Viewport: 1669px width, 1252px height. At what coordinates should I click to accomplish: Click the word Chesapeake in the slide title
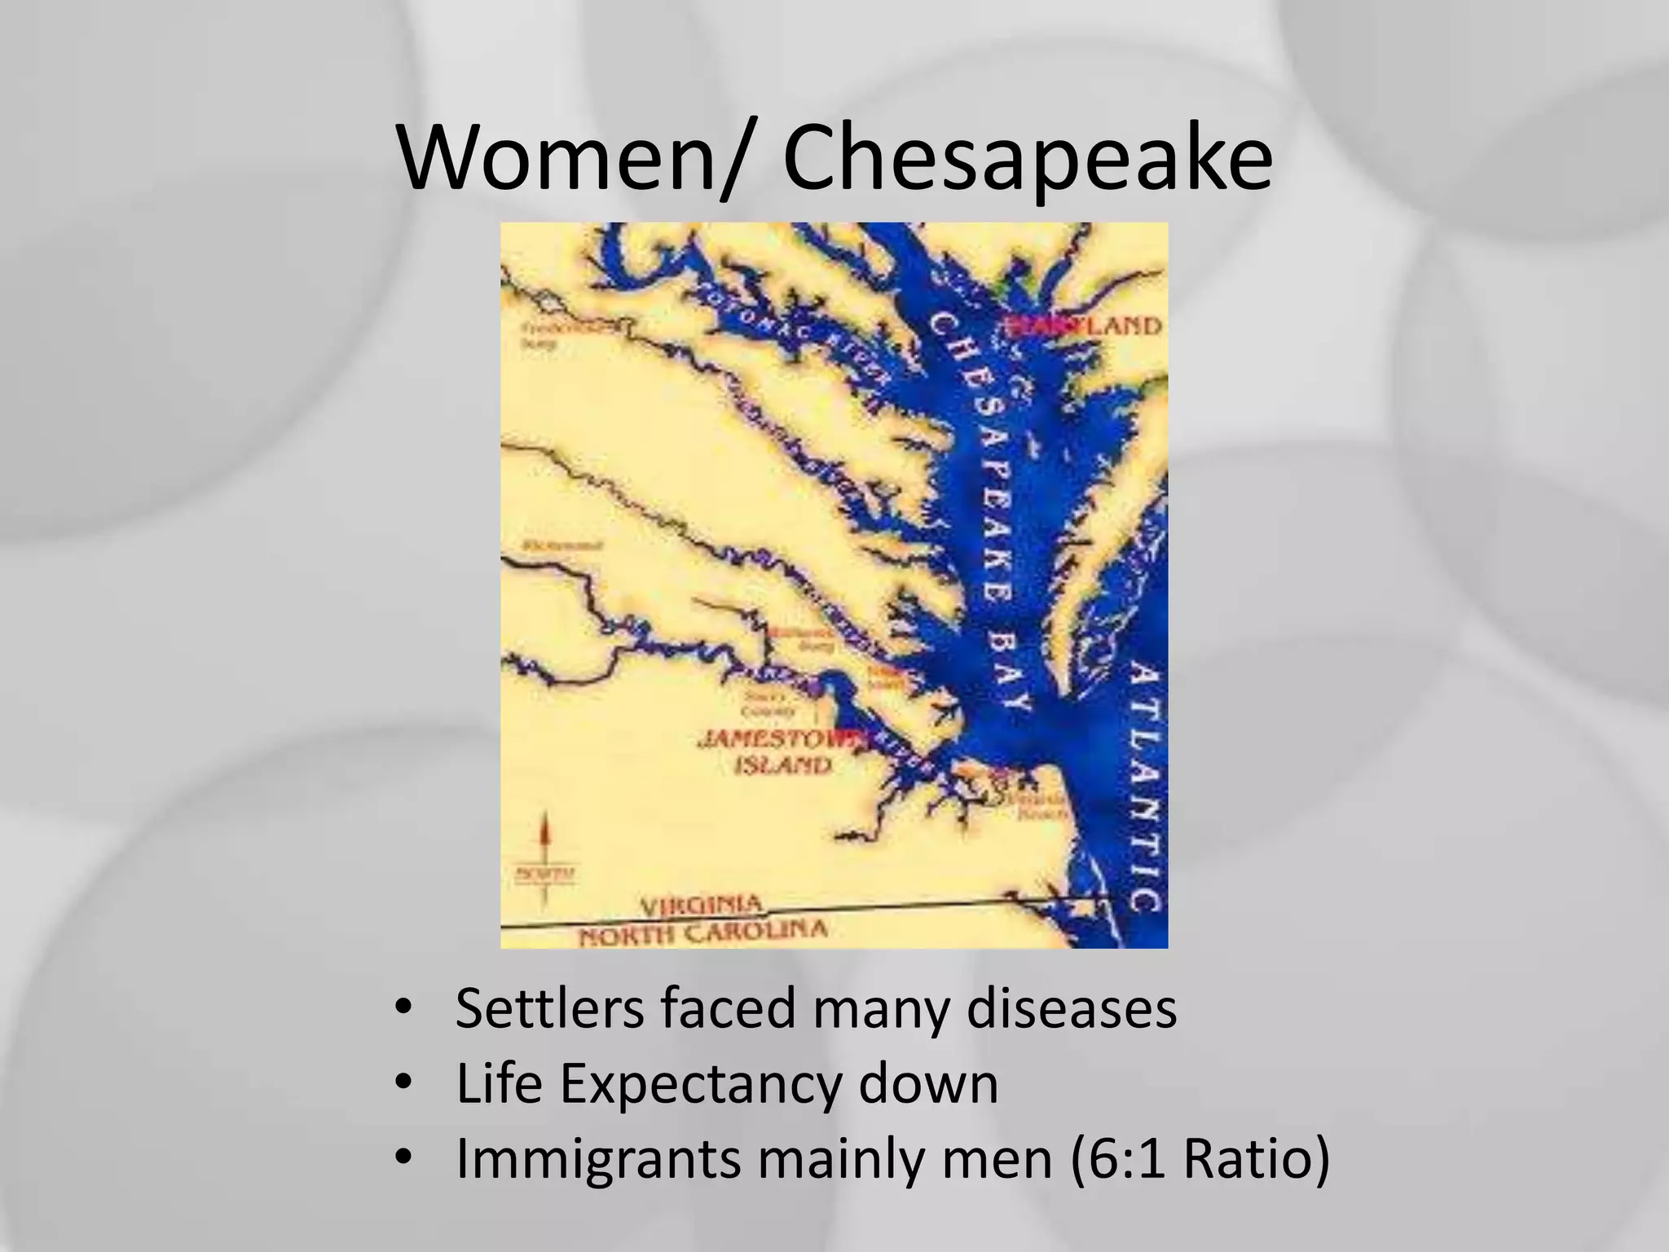[1026, 158]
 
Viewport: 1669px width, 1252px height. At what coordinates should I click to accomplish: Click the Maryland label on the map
[1084, 326]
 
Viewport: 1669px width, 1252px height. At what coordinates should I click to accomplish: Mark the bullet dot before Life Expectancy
[403, 1084]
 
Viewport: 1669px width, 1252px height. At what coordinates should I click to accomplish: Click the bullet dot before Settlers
[403, 1009]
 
